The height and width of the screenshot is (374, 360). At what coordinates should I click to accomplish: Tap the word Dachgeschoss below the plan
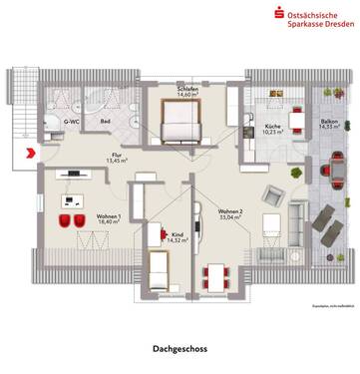180,349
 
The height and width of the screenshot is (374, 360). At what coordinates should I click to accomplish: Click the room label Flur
116,157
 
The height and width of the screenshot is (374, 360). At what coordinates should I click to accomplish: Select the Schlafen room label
187,90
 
